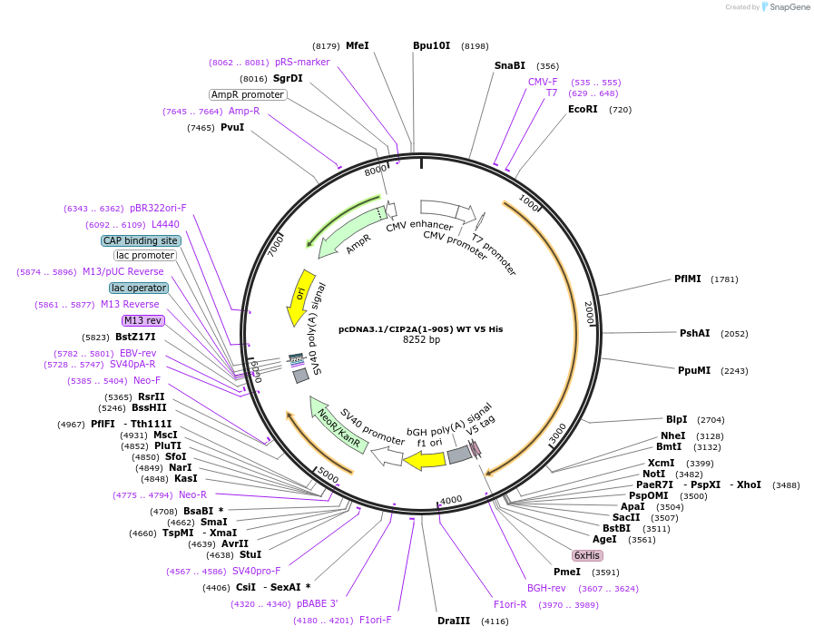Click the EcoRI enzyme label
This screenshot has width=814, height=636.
pos(583,109)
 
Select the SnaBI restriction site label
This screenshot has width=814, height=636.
pos(509,65)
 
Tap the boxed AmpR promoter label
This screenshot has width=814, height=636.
pos(248,94)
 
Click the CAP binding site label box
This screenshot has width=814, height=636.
pos(141,240)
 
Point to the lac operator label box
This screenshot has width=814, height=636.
pos(139,288)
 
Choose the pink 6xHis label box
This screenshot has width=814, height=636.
pos(586,555)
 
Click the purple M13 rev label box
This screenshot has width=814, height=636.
pos(142,320)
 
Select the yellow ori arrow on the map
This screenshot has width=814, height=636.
pos(300,296)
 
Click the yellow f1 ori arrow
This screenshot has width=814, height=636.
pos(424,461)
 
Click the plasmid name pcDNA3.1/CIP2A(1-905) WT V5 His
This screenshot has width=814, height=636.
pos(420,329)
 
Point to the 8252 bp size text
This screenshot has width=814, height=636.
pos(421,340)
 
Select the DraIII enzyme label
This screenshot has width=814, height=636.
pos(454,621)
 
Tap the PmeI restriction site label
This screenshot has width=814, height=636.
pos(566,572)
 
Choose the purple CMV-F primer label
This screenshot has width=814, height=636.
pos(543,82)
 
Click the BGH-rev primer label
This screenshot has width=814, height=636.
pos(546,588)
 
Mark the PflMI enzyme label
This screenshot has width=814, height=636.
pos(687,279)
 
